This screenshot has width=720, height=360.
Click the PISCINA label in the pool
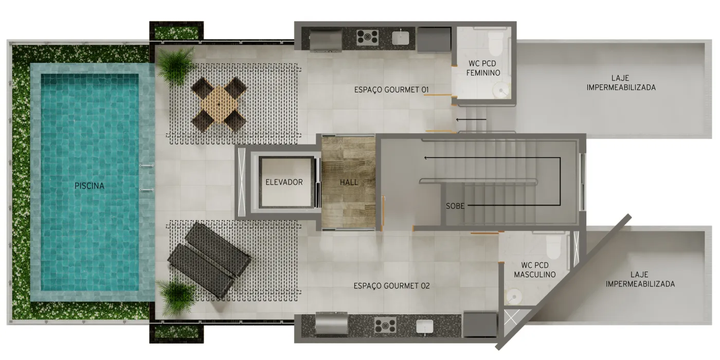[x=89, y=186]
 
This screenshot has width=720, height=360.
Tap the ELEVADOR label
[x=284, y=182]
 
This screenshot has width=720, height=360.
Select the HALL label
[x=349, y=183]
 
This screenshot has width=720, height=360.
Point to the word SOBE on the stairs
[x=455, y=206]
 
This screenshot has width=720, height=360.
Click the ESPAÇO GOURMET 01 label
[x=391, y=89]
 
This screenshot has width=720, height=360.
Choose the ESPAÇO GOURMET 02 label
[x=391, y=286]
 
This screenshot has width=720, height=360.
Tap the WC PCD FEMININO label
[x=483, y=68]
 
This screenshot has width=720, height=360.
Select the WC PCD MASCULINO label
[x=535, y=270]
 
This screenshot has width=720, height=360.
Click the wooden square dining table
[x=219, y=104]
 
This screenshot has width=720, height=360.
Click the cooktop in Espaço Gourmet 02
[x=385, y=325]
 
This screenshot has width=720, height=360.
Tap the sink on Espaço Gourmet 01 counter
[x=401, y=38]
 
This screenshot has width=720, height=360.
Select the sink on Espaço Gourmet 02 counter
[x=425, y=326]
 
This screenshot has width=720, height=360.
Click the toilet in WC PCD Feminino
[x=495, y=45]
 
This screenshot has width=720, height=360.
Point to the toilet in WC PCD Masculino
[x=553, y=246]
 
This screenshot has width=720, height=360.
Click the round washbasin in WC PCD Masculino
[x=514, y=296]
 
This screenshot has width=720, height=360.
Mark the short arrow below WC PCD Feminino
[x=471, y=119]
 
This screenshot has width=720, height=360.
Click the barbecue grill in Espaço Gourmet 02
[x=331, y=323]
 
